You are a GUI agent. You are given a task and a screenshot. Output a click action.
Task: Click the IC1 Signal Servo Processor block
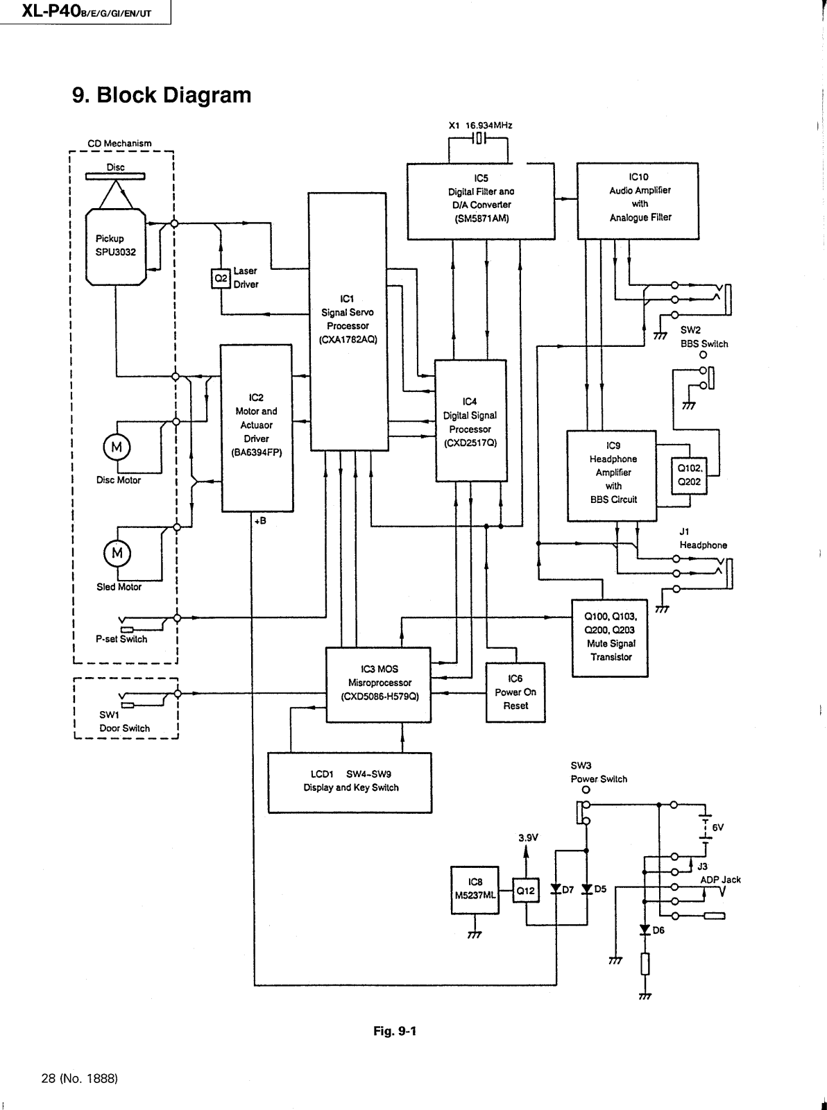[347, 321]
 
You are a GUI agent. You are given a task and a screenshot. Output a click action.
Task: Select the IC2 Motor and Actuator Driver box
[256, 428]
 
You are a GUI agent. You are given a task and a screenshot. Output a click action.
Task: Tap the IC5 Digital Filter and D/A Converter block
[480, 201]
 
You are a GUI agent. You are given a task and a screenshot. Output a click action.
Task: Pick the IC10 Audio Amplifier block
[638, 200]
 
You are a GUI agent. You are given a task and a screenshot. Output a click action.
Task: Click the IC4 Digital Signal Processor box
[470, 420]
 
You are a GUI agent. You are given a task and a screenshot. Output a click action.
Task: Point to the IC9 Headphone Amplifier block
[611, 476]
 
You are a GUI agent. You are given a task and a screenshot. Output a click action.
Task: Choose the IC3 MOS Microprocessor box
[378, 684]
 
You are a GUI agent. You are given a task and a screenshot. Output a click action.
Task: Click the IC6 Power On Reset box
[515, 692]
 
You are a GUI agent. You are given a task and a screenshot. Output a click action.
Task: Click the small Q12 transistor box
[526, 891]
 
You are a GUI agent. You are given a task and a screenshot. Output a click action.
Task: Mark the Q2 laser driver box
[220, 278]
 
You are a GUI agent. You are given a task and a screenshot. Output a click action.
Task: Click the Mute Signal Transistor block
[609, 638]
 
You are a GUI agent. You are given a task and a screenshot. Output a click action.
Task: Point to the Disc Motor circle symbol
[117, 447]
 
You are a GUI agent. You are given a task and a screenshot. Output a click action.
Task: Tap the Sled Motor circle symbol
[117, 553]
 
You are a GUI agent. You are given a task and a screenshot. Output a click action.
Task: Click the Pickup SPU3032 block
[116, 246]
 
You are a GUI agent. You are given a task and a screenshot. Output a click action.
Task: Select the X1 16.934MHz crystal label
[480, 126]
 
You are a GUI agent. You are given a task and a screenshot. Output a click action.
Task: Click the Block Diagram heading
[162, 95]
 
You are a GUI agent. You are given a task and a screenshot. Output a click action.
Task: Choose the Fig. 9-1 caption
[395, 1031]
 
